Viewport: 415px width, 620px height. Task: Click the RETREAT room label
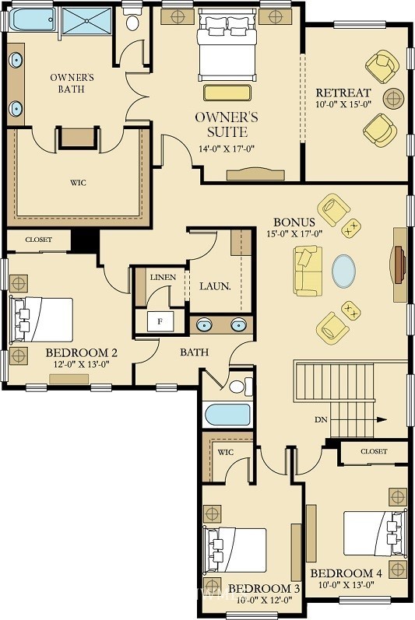(x=343, y=93)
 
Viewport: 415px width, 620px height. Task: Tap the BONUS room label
(x=294, y=222)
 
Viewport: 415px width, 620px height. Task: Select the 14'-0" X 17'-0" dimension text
(x=226, y=149)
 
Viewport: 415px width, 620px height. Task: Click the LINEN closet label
(x=163, y=277)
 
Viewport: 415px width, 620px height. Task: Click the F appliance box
(x=160, y=321)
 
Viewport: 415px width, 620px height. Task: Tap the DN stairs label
(x=322, y=420)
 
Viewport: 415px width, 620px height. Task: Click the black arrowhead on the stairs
(x=382, y=420)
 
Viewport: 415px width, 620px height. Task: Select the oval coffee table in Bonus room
(x=343, y=271)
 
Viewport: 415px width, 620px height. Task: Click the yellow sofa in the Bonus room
(x=308, y=271)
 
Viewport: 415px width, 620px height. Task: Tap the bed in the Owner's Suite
(x=227, y=46)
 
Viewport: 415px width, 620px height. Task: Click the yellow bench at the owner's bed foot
(x=227, y=93)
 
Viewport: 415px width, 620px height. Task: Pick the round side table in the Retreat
(x=394, y=98)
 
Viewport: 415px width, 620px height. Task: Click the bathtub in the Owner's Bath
(x=33, y=19)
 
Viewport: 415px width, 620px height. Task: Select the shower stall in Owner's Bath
(x=86, y=20)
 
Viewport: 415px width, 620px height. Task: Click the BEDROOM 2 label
(x=82, y=352)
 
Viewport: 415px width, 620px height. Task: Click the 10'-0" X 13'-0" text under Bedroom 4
(x=346, y=584)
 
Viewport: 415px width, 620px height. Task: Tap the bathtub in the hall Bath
(x=227, y=415)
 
